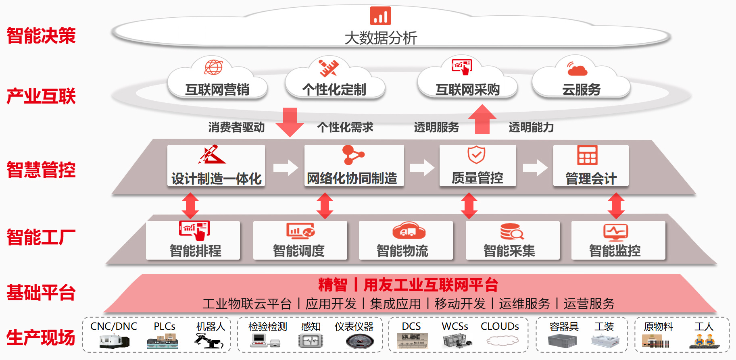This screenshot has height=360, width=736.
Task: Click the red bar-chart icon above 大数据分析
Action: pos(380,16)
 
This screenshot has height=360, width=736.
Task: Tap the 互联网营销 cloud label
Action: pos(217,89)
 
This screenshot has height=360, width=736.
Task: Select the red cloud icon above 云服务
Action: pos(577,69)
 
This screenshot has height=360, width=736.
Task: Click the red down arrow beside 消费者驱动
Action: pos(290,122)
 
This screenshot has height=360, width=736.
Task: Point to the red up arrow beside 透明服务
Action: pos(482,119)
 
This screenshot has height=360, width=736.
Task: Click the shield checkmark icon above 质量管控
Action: pos(476,155)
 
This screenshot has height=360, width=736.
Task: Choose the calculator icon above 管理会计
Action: pos(587,155)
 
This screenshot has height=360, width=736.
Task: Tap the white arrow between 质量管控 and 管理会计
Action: pos(535,168)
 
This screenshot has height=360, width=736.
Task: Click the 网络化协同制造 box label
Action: pos(352,178)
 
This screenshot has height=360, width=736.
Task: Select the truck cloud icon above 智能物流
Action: pos(409,231)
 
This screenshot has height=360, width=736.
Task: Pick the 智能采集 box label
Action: pos(509,251)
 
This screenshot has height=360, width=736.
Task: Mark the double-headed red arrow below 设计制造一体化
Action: pos(190,206)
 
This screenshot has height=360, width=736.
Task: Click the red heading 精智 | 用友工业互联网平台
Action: pos(408,285)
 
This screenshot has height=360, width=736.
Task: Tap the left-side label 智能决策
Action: pos(41,35)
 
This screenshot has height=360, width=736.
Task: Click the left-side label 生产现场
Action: pos(41,337)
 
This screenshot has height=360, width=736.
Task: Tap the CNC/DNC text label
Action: pos(114,326)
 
